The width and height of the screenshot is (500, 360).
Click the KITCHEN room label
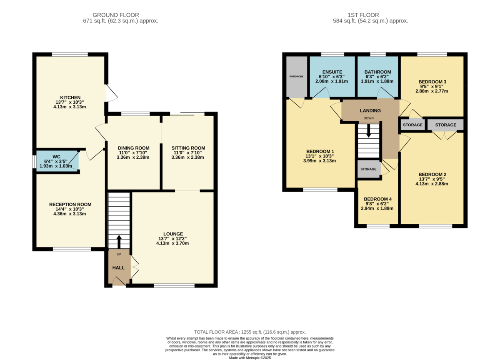(x=70, y=97)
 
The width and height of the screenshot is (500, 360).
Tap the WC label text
(x=57, y=157)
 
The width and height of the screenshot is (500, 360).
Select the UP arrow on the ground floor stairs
(x=119, y=242)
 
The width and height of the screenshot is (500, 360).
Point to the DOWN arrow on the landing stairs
(x=368, y=131)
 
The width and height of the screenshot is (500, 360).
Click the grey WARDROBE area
(x=297, y=77)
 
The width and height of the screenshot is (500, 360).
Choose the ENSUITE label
(x=332, y=72)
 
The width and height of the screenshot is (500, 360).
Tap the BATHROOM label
(x=377, y=72)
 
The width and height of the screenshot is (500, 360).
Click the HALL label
(x=118, y=267)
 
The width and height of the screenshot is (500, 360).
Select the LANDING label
(x=370, y=110)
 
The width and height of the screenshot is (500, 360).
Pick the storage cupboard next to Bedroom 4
(x=369, y=169)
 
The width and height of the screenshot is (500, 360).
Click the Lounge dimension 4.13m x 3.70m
(x=172, y=243)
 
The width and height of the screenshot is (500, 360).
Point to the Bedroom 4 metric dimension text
(x=377, y=208)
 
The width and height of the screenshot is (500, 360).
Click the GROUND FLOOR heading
(x=116, y=15)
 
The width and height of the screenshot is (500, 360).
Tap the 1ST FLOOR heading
(x=363, y=15)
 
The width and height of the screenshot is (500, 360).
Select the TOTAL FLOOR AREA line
(x=250, y=332)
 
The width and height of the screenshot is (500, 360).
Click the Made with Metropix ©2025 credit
(x=250, y=358)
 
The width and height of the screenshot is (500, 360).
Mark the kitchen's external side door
(x=112, y=93)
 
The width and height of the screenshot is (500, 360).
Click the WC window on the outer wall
(x=34, y=162)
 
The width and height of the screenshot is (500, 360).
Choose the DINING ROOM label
(x=133, y=148)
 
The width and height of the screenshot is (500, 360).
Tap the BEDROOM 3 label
(x=432, y=82)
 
